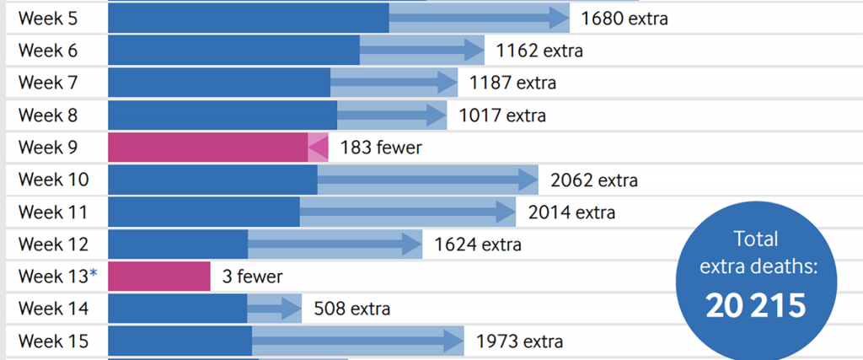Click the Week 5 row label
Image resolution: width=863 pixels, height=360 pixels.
pos(47,18)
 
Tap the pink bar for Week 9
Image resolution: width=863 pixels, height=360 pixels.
pos(207,147)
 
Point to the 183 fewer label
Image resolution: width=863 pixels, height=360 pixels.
pos(381,148)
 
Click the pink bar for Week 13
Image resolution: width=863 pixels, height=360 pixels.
pos(158,277)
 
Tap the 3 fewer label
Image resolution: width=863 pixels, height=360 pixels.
pos(252,277)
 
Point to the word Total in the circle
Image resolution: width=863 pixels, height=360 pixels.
pos(755,239)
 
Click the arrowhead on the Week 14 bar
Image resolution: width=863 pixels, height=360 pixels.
pos(291,309)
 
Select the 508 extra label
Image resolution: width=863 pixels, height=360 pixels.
pos(351,309)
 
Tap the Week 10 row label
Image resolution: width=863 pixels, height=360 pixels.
pos(53,180)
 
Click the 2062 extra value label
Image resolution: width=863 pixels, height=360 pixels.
pos(593,180)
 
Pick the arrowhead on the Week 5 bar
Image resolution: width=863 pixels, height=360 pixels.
pos(556,18)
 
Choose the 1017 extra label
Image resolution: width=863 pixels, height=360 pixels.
pos(502,115)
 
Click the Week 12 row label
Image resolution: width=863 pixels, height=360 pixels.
pos(53,244)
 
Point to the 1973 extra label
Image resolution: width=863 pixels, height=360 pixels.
pos(519,341)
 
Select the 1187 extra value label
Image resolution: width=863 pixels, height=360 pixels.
pos(512,83)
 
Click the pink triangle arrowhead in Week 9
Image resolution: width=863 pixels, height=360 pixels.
pos(318,147)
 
